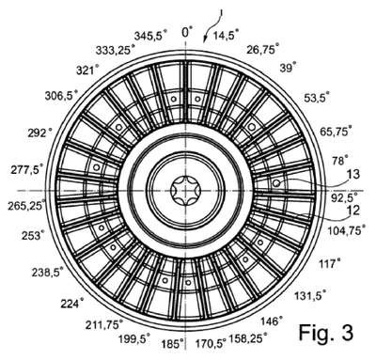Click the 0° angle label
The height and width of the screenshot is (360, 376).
pos(187,32)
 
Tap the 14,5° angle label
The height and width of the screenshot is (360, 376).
pos(226,35)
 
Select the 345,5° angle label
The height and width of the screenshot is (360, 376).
pos(150,35)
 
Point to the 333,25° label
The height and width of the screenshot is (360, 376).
pos(116,50)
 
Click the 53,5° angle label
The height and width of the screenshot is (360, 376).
pos(317,98)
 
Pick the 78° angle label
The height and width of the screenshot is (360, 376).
pos(340,161)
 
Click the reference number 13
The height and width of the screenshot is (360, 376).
pos(353,174)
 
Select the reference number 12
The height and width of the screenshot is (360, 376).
pos(353,211)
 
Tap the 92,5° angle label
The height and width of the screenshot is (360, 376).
pos(344,197)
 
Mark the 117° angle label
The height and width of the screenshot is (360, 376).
pos(329,263)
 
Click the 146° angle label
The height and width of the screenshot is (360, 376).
pos(272,321)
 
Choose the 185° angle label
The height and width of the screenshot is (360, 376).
pos(172,344)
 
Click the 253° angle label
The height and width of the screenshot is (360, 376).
pos(33,235)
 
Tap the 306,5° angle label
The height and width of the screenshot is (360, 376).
pos(61,95)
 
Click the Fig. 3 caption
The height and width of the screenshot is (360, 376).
pos(326,333)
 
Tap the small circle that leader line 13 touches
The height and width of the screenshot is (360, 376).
pos(276,183)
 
